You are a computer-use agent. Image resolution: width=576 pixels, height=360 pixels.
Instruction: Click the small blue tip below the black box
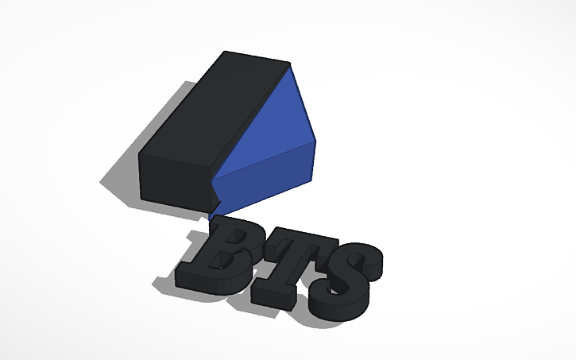coord(214,212)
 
